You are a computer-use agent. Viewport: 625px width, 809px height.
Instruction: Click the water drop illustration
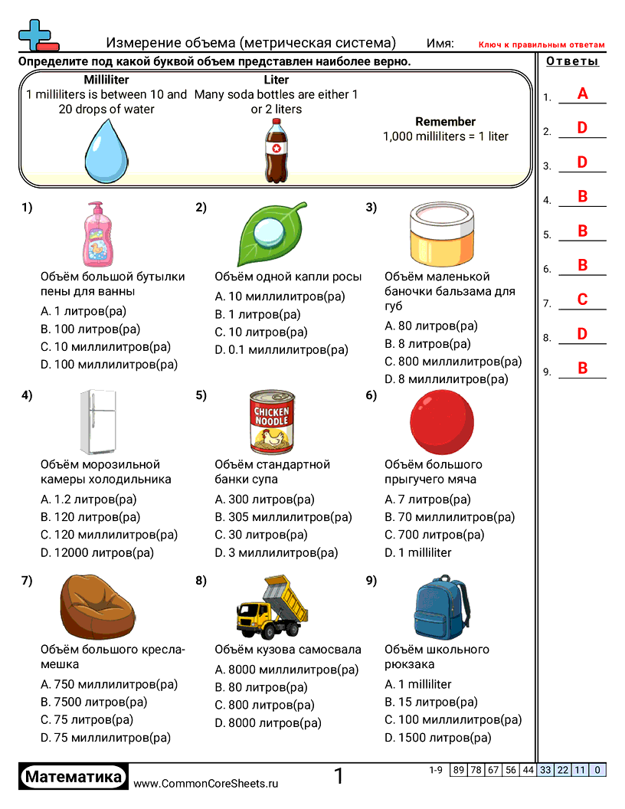coord(105,150)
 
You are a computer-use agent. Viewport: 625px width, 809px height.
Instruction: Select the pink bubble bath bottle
coord(97,233)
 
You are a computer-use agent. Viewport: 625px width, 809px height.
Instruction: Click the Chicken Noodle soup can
coord(271,421)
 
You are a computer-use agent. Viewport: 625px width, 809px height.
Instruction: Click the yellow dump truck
coord(271,608)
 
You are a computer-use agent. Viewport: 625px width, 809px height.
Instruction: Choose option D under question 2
coord(282,350)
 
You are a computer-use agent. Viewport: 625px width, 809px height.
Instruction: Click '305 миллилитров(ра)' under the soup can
coord(283,517)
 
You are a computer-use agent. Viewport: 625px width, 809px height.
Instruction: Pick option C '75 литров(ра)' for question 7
coord(87,720)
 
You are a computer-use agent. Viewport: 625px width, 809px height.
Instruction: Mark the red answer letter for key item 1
coord(583,94)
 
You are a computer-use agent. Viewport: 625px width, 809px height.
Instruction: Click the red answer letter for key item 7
coord(583,300)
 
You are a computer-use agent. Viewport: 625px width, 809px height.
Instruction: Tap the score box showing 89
coord(459,770)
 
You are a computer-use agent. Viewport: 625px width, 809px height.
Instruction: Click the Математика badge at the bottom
coord(73,778)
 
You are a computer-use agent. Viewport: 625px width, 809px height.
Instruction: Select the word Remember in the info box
coord(445,122)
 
